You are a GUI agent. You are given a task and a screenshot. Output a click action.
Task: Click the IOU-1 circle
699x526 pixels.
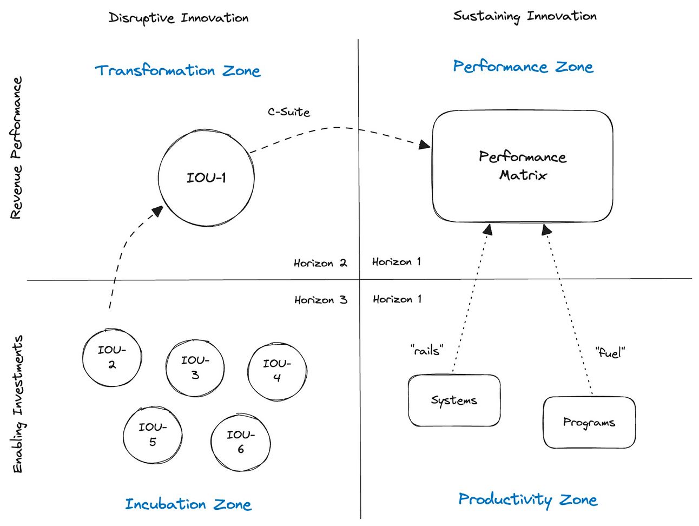click(x=206, y=178)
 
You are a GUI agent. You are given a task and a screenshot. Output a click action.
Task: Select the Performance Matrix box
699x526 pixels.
click(x=522, y=166)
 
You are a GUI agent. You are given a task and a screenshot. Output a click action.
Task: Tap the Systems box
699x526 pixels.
click(x=454, y=400)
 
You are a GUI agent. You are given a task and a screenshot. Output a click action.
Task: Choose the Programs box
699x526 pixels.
click(x=589, y=423)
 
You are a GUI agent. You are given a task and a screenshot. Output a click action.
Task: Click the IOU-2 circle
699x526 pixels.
click(x=112, y=357)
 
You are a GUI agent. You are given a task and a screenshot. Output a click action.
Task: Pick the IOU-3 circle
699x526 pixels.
click(x=195, y=368)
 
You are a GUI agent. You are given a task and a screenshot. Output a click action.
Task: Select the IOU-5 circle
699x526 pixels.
click(x=153, y=435)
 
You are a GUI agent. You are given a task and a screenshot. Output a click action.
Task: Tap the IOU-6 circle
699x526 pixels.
click(x=240, y=442)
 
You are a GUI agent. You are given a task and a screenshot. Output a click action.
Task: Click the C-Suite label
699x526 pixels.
click(x=289, y=112)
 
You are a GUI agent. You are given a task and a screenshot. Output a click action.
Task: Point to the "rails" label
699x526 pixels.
click(x=427, y=350)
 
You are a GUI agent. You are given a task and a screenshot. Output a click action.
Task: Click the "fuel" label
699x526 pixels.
click(x=610, y=353)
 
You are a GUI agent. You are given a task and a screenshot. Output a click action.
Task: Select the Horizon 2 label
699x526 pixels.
click(x=320, y=263)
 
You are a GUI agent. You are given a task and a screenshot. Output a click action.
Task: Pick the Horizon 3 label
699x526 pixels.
click(x=320, y=300)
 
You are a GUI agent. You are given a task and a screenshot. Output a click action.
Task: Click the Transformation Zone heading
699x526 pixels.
click(x=177, y=71)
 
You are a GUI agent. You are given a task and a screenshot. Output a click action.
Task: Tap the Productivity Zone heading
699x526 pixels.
click(x=527, y=499)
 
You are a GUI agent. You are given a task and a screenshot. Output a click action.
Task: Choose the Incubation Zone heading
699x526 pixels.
click(x=188, y=504)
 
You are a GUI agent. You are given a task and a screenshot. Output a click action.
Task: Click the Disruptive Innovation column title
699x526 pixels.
click(x=179, y=18)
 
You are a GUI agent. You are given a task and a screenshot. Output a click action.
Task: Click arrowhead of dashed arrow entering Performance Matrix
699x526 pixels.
click(x=425, y=144)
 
